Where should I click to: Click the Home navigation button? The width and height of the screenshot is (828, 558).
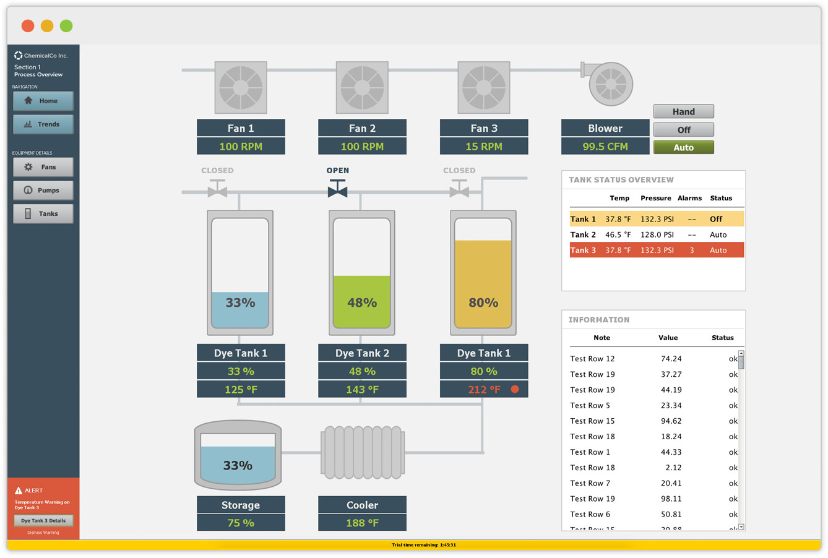[43, 101]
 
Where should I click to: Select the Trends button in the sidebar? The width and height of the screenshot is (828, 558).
[43, 124]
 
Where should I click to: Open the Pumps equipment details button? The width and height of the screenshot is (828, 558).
[43, 191]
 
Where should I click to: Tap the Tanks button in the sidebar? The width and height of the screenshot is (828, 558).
[43, 213]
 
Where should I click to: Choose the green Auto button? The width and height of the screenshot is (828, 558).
[683, 147]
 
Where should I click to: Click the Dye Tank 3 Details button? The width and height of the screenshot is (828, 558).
[43, 520]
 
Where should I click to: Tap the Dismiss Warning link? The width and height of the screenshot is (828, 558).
[43, 533]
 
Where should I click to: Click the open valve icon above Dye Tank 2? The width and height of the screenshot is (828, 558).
[337, 189]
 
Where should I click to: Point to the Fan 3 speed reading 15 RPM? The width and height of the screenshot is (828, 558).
[484, 147]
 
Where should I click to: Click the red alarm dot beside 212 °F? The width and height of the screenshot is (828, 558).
[515, 389]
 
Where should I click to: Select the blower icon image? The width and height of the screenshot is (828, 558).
[608, 83]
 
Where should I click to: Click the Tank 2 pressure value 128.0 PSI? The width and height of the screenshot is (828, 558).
[657, 235]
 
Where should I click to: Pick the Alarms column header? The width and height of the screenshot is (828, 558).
[689, 199]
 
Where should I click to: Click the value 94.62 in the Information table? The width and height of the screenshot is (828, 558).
[671, 421]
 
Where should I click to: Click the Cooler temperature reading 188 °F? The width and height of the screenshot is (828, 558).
[362, 523]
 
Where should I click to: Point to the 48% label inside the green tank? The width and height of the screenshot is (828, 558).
[362, 303]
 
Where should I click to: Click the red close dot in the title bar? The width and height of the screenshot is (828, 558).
[28, 26]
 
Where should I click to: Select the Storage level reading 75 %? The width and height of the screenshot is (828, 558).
[241, 523]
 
